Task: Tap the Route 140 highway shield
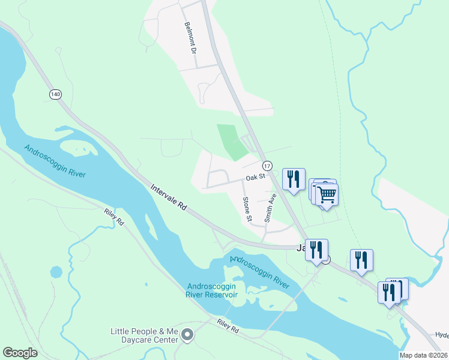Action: click(x=56, y=94)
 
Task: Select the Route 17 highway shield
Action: click(x=267, y=165)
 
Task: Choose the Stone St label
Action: click(x=246, y=209)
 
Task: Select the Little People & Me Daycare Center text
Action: click(x=145, y=335)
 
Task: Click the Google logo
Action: click(x=20, y=352)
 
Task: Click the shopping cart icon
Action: click(x=327, y=194)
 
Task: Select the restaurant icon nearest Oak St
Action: click(x=294, y=179)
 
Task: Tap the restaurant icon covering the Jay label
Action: click(x=317, y=249)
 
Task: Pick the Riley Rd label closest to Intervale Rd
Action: click(x=113, y=217)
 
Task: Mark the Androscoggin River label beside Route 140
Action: click(x=55, y=160)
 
